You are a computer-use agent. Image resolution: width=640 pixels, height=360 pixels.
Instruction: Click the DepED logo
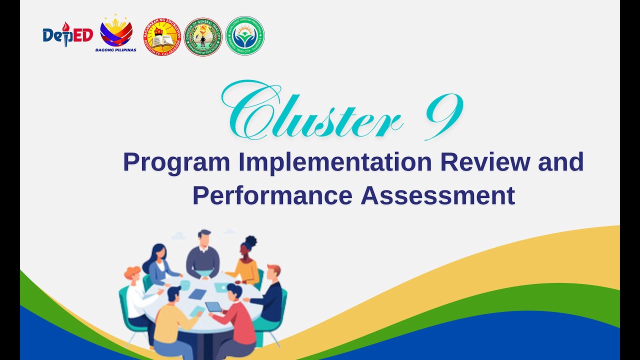[67, 35]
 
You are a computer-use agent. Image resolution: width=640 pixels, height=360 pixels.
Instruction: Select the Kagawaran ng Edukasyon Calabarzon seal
[162, 37]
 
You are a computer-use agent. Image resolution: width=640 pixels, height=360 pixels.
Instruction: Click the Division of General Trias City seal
[203, 37]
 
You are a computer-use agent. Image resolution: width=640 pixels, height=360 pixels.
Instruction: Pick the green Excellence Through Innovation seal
[244, 36]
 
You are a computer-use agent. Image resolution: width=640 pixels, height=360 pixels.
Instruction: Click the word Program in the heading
[176, 162]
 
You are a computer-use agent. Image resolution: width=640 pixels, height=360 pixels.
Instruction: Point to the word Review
[480, 162]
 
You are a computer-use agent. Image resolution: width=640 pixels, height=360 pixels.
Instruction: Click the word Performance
[272, 195]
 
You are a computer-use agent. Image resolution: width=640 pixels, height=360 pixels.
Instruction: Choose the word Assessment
[437, 195]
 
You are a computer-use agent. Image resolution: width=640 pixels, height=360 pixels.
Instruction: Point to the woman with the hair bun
[245, 262]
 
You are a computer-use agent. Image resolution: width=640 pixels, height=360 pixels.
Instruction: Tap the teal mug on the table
[185, 285]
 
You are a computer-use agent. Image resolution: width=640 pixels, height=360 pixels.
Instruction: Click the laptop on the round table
[221, 287]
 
